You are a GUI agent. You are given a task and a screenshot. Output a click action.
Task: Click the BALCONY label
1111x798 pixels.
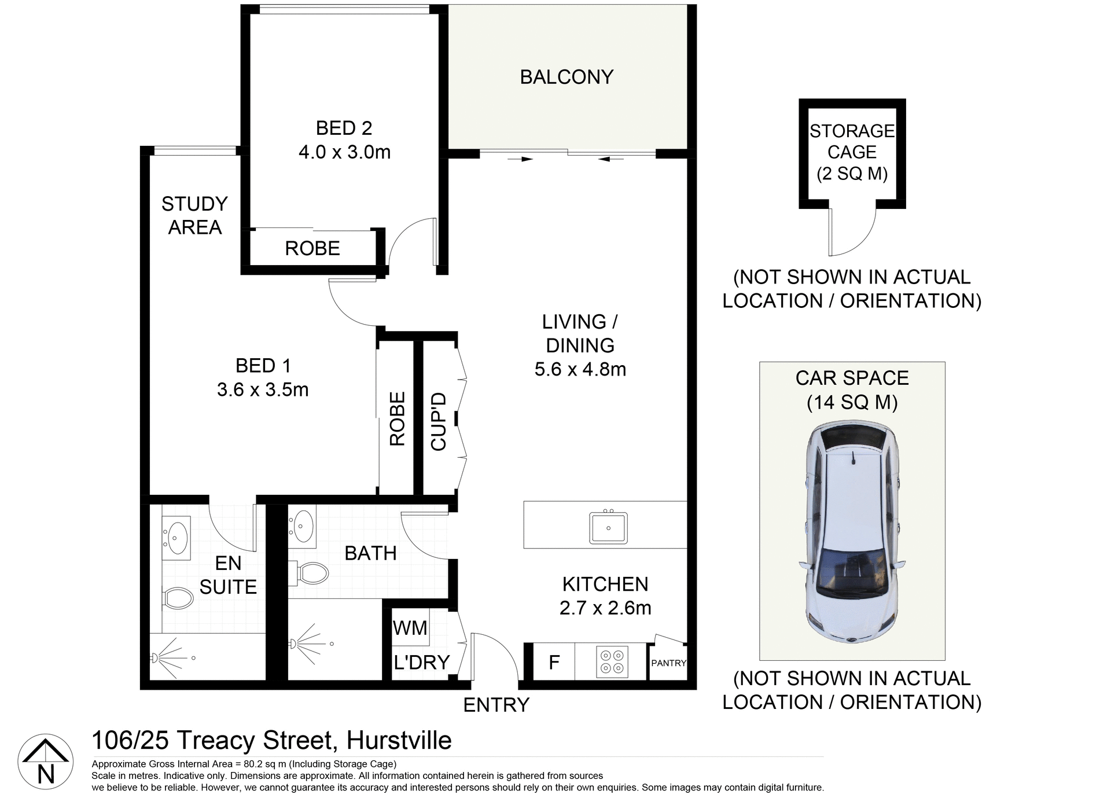[566, 77]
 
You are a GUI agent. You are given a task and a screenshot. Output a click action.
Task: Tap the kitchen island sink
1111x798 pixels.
[608, 528]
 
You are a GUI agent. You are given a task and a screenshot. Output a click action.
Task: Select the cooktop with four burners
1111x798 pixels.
[612, 662]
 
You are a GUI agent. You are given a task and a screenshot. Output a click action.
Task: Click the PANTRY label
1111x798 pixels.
[668, 663]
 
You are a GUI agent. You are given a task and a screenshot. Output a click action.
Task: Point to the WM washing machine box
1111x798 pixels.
[410, 628]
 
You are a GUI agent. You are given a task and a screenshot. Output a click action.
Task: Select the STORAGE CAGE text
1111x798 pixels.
[852, 142]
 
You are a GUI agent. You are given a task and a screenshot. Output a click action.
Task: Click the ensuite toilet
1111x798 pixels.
[178, 598]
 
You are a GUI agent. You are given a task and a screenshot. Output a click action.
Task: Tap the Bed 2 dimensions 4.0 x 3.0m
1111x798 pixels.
[344, 152]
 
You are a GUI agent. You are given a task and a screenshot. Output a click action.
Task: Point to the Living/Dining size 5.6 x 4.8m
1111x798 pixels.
[580, 369]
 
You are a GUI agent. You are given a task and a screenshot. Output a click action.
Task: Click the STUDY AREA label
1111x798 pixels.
[194, 215]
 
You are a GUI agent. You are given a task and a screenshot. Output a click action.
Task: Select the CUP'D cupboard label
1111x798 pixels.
[439, 421]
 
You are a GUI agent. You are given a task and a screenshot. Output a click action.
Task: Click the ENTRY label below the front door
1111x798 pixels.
[496, 705]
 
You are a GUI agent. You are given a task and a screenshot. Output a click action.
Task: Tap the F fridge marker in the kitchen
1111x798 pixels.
[554, 662]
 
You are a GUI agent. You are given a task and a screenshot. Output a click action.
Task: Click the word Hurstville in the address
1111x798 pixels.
[399, 741]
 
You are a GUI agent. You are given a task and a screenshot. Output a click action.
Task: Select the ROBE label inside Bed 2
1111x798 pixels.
[312, 248]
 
